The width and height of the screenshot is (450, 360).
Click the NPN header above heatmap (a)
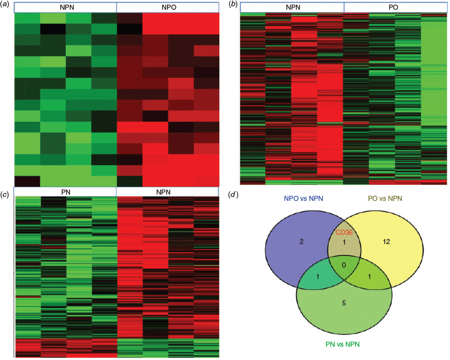click(x=67, y=7)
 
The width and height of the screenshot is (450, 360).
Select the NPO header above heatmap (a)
click(x=169, y=7)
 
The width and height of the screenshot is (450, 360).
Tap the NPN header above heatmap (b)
click(x=293, y=7)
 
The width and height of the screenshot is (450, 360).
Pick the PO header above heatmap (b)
click(x=393, y=7)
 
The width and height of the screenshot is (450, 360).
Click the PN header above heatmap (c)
click(x=65, y=192)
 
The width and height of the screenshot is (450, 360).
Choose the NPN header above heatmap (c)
click(x=163, y=192)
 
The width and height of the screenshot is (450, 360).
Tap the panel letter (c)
click(x=5, y=195)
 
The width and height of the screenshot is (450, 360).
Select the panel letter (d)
click(x=233, y=195)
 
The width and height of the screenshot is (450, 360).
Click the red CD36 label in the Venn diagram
click(x=344, y=232)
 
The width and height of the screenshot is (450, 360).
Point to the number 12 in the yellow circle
click(x=386, y=241)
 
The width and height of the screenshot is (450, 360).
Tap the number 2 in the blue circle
click(x=301, y=241)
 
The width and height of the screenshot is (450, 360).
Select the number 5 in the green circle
click(x=344, y=303)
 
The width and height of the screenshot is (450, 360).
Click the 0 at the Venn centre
click(x=344, y=265)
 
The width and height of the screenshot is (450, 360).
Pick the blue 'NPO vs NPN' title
click(x=303, y=199)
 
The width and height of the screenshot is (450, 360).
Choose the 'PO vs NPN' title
click(x=385, y=199)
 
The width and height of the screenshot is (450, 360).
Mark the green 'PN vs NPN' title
click(x=342, y=344)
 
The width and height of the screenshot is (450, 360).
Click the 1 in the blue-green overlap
click(x=318, y=277)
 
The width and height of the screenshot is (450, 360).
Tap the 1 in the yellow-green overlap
click(x=370, y=277)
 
